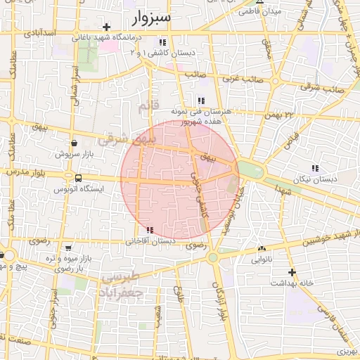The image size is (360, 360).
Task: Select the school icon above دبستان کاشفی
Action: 163,42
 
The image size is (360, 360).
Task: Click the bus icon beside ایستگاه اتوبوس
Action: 78,178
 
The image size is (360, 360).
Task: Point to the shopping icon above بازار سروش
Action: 74,143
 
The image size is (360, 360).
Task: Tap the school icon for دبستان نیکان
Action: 314,168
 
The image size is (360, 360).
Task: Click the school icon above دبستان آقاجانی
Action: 149,230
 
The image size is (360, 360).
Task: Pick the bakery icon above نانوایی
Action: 262,248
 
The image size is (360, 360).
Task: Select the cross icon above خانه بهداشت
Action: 292,271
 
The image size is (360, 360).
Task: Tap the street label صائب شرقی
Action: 315,86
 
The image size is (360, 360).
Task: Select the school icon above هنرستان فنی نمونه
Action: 202,101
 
